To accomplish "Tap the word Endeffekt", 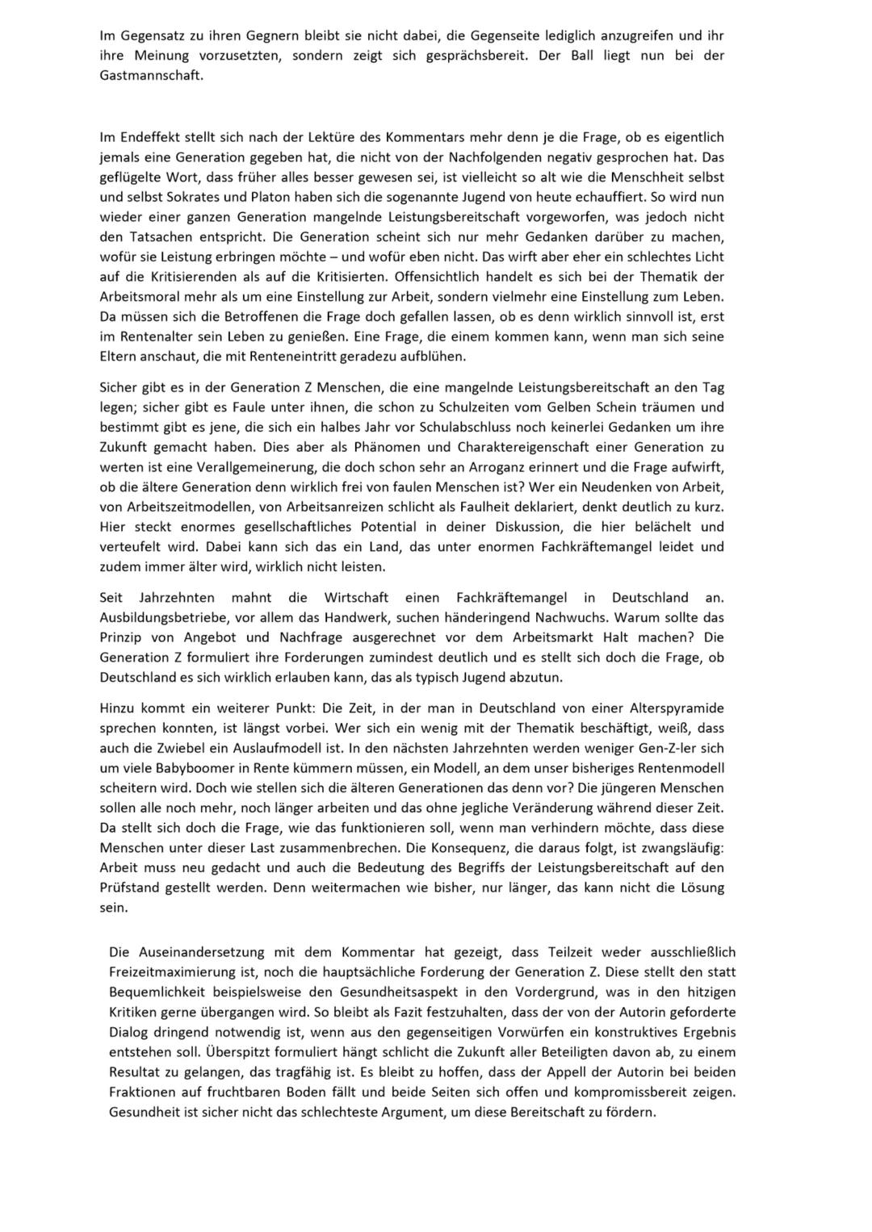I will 150,137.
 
